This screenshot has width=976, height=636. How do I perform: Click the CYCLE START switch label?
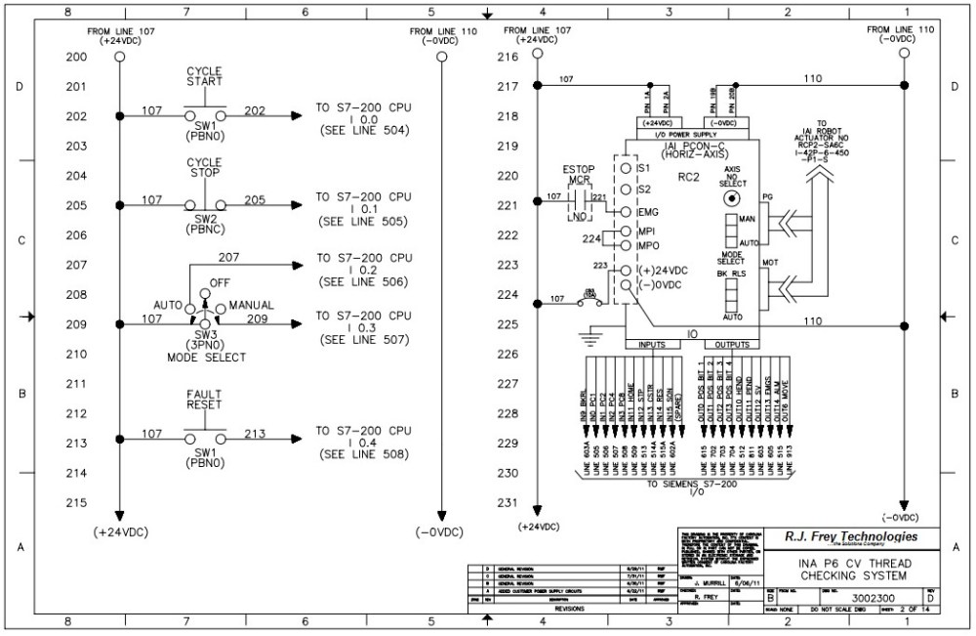(204, 76)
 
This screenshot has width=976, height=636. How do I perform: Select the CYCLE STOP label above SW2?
(204, 167)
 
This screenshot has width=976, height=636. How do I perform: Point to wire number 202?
(254, 109)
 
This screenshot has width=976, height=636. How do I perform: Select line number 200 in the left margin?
(76, 57)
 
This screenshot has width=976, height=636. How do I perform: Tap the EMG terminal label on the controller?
(648, 211)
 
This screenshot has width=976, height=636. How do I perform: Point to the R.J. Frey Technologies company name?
(851, 536)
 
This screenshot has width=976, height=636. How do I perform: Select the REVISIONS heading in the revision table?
(570, 607)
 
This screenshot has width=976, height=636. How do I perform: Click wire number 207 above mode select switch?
(228, 258)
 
